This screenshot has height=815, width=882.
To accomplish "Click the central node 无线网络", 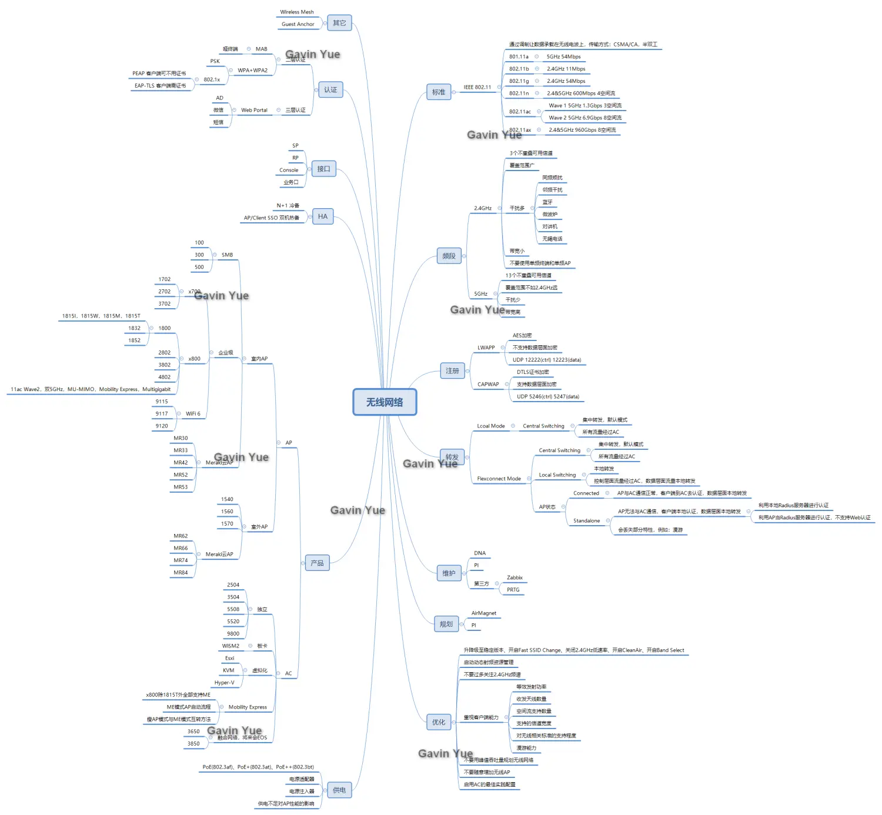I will coord(385,402).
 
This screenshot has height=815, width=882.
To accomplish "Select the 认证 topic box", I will coord(330,90).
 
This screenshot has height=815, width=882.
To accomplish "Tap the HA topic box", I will coord(323,216).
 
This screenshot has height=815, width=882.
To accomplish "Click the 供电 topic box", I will coord(339,790).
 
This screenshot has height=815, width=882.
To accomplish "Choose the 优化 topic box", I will coord(439,722).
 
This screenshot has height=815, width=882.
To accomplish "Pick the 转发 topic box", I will coord(452,457).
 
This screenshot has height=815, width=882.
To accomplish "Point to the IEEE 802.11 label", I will coord(477,87).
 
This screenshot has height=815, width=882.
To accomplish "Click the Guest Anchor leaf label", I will coord(298,24).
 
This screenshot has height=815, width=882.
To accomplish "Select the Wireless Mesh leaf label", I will coord(297,12).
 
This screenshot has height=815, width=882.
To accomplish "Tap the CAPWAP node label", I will coord(488,384).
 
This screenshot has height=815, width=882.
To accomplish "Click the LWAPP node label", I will coord(486,348).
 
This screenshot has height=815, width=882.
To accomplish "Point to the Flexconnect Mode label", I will coord(499,479).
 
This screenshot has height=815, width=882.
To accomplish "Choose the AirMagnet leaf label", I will coord(484,613).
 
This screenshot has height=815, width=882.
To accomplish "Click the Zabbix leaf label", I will coord(514,577).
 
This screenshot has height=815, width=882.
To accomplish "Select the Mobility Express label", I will coord(248,707).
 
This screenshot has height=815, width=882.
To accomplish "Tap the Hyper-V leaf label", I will coord(224,683).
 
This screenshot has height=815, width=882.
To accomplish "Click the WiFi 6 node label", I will coord(193,413).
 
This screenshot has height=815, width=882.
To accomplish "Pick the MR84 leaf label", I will coord(181,572).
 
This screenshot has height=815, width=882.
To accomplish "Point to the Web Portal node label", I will coord(254,110).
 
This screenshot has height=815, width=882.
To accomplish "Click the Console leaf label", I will coord(289,170).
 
